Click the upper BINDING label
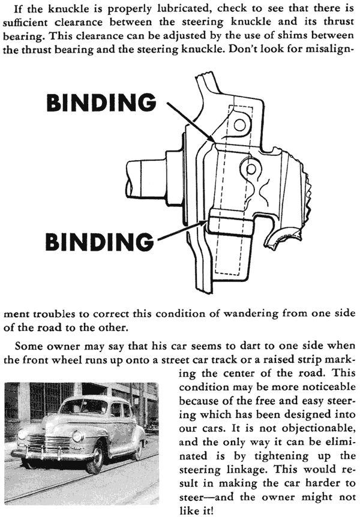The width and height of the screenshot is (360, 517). tap(101, 102)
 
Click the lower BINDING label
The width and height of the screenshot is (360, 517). tap(100, 242)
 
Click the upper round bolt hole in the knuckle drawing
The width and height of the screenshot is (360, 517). tap(239, 125)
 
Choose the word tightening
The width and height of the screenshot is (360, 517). tap(281, 456)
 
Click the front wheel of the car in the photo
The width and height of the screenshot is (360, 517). tap(95, 459)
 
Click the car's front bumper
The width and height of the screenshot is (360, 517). tap(53, 455)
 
